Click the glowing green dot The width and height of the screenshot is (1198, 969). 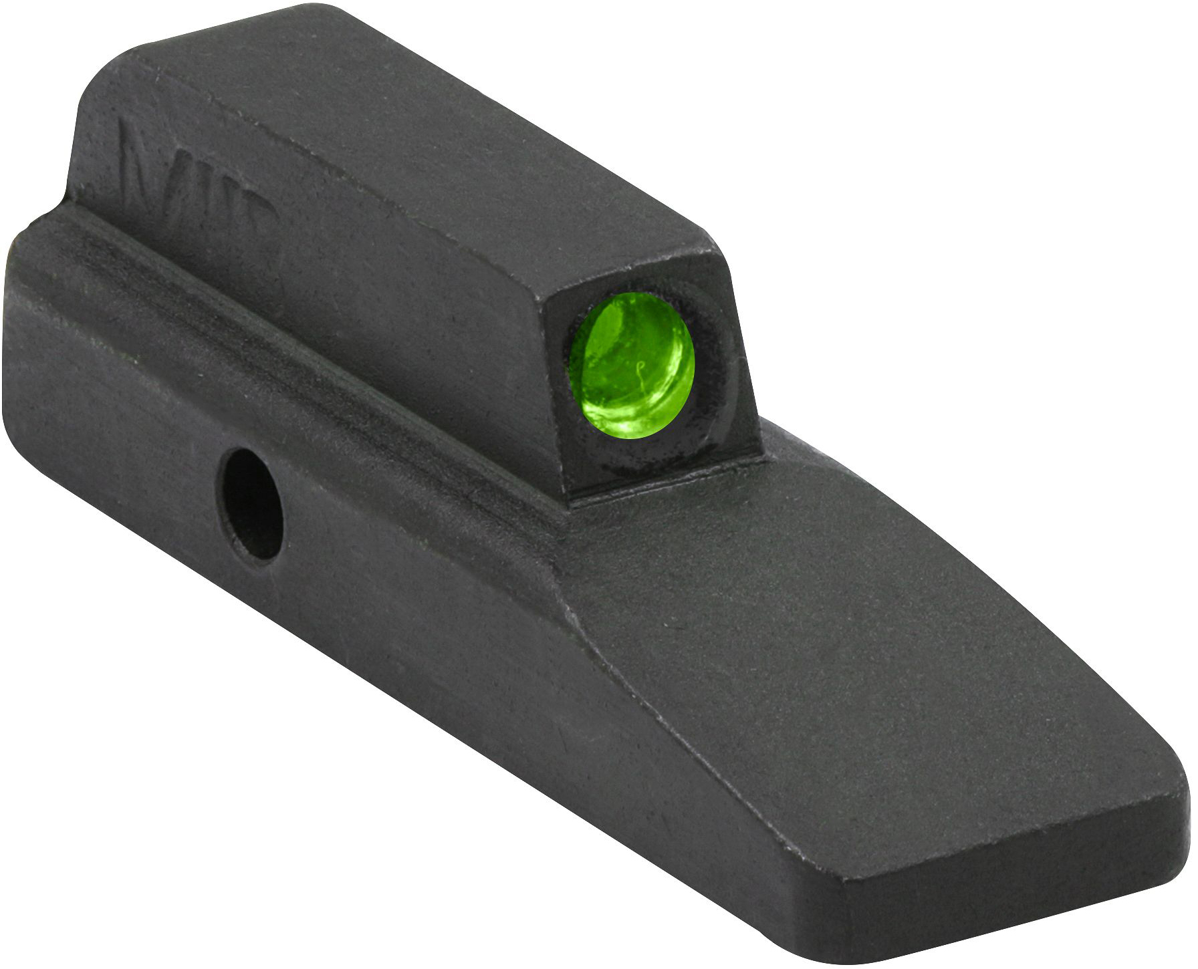[631, 366]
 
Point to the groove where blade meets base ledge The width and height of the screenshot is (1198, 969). [334, 374]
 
